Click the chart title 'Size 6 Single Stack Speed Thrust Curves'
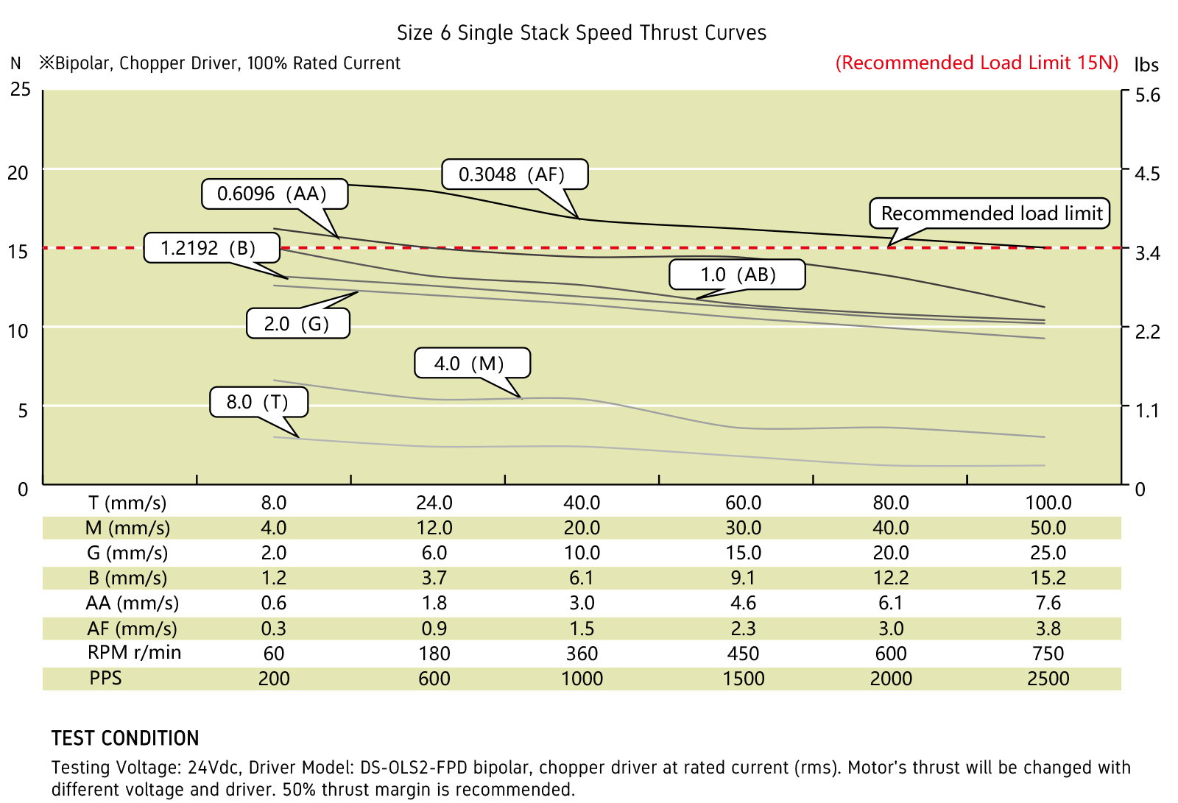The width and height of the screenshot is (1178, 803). tap(582, 33)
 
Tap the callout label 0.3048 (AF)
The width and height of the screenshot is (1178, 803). tap(513, 174)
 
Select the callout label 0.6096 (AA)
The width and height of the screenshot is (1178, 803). tap(273, 194)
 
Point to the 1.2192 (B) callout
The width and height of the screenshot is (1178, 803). tap(210, 248)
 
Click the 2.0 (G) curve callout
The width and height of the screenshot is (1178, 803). tap(297, 324)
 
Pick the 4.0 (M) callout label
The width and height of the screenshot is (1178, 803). tap(470, 364)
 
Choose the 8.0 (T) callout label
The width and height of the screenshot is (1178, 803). tap(258, 402)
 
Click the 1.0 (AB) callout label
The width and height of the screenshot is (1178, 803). tap(737, 275)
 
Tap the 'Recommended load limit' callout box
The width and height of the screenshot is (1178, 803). tap(991, 213)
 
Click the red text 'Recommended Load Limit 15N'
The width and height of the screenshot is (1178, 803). tap(977, 63)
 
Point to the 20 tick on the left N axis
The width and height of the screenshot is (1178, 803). tap(18, 174)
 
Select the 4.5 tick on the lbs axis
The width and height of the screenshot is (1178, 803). tap(1147, 174)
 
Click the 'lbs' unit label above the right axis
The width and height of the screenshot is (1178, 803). tap(1146, 65)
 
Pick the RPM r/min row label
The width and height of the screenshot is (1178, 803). tap(134, 653)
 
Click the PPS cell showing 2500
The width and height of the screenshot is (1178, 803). tap(1048, 679)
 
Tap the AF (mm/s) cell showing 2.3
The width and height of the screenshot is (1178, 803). tap(743, 629)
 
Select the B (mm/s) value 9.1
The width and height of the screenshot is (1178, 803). tap(743, 579)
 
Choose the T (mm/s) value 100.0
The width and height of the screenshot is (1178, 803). tap(1048, 503)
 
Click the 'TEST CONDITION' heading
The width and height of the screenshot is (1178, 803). tap(125, 738)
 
